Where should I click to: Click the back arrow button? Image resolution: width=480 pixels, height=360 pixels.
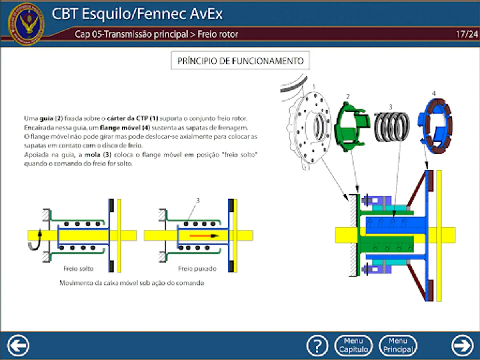click(18, 345)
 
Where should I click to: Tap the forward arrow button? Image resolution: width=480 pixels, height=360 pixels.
click(462, 345)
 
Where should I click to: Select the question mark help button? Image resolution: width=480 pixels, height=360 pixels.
click(317, 345)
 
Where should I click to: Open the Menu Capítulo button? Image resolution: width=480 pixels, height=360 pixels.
click(354, 345)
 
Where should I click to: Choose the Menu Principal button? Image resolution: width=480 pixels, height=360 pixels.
click(398, 345)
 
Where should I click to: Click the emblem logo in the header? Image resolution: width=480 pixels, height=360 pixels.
click(26, 24)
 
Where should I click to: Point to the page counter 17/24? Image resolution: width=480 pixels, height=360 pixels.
click(466, 34)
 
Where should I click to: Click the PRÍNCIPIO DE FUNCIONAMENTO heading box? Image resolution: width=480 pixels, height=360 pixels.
click(240, 61)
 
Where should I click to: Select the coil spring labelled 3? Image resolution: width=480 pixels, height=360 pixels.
click(392, 126)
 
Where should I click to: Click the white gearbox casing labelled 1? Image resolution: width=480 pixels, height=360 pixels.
click(310, 128)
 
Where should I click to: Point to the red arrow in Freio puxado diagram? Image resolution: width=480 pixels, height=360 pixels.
click(204, 236)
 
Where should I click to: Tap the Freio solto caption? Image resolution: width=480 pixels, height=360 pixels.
click(78, 268)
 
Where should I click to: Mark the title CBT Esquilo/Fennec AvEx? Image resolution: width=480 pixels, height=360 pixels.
click(137, 14)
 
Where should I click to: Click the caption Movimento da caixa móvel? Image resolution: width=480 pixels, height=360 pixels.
click(132, 283)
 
